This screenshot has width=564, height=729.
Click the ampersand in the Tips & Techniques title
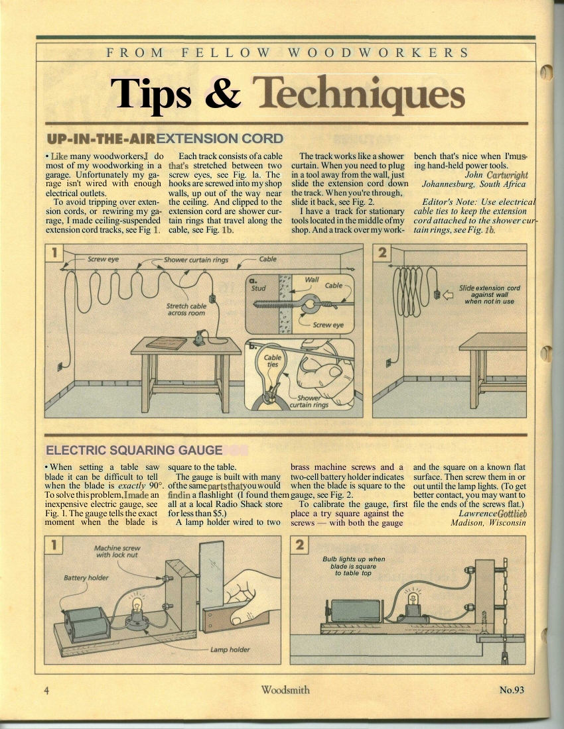coord(223,93)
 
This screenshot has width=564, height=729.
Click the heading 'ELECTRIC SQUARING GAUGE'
coord(134,450)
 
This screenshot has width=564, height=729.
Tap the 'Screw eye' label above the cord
coord(103,259)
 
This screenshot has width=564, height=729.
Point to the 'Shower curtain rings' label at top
coord(196,259)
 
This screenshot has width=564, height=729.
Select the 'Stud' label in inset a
coord(258,288)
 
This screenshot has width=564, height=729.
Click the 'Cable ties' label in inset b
coord(272,361)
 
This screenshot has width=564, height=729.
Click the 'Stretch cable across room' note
coord(186,309)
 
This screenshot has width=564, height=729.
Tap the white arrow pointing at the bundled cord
coord(448,295)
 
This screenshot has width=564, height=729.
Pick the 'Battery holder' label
coord(86,577)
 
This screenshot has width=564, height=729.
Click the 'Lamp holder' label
coord(230,649)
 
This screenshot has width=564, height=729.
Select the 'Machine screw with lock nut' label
coord(117,551)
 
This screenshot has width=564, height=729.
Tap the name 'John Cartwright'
coord(496,175)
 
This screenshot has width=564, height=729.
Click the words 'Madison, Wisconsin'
coord(488,523)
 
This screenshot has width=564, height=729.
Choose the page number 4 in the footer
coord(46,691)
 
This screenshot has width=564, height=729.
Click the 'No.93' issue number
coord(512,689)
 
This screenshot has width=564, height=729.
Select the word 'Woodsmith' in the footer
coord(285,689)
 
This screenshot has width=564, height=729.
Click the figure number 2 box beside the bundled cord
coord(382,252)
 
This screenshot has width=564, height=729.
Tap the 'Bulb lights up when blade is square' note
coord(354,566)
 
